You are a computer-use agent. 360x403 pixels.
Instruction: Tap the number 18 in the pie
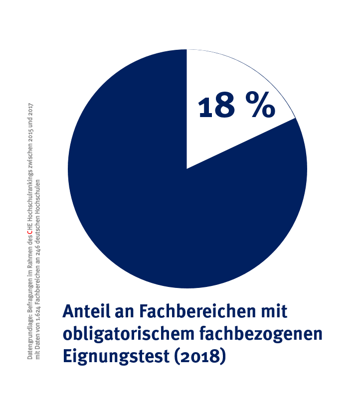click(216, 106)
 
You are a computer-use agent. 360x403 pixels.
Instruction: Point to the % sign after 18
click(259, 106)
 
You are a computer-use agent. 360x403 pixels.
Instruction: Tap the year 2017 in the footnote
click(30, 108)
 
